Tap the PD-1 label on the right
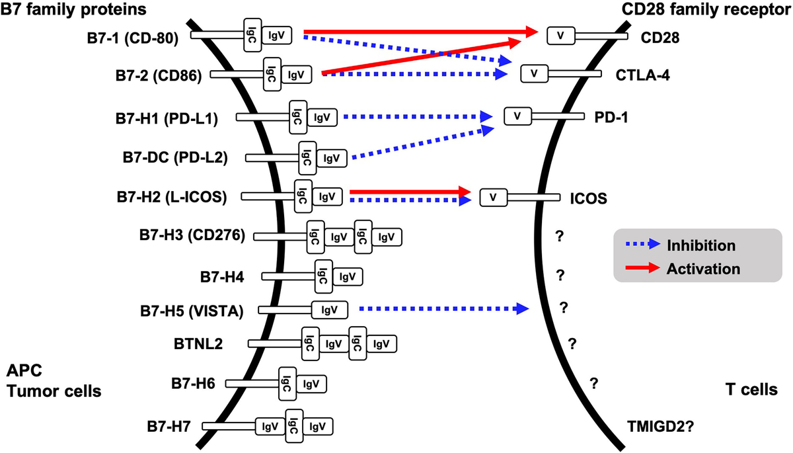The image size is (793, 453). [x=611, y=117]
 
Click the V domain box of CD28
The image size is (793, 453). [x=561, y=36]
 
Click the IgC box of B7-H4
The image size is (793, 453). [x=321, y=274]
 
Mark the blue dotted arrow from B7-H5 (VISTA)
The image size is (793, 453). [x=443, y=308]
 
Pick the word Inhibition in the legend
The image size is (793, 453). [x=701, y=245]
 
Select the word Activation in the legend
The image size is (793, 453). [x=703, y=268]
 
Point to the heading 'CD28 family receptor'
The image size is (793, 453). [x=706, y=11]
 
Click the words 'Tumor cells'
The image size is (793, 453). [x=54, y=391]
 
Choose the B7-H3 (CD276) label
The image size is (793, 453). [x=192, y=236]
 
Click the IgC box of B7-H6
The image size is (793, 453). [x=287, y=382]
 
